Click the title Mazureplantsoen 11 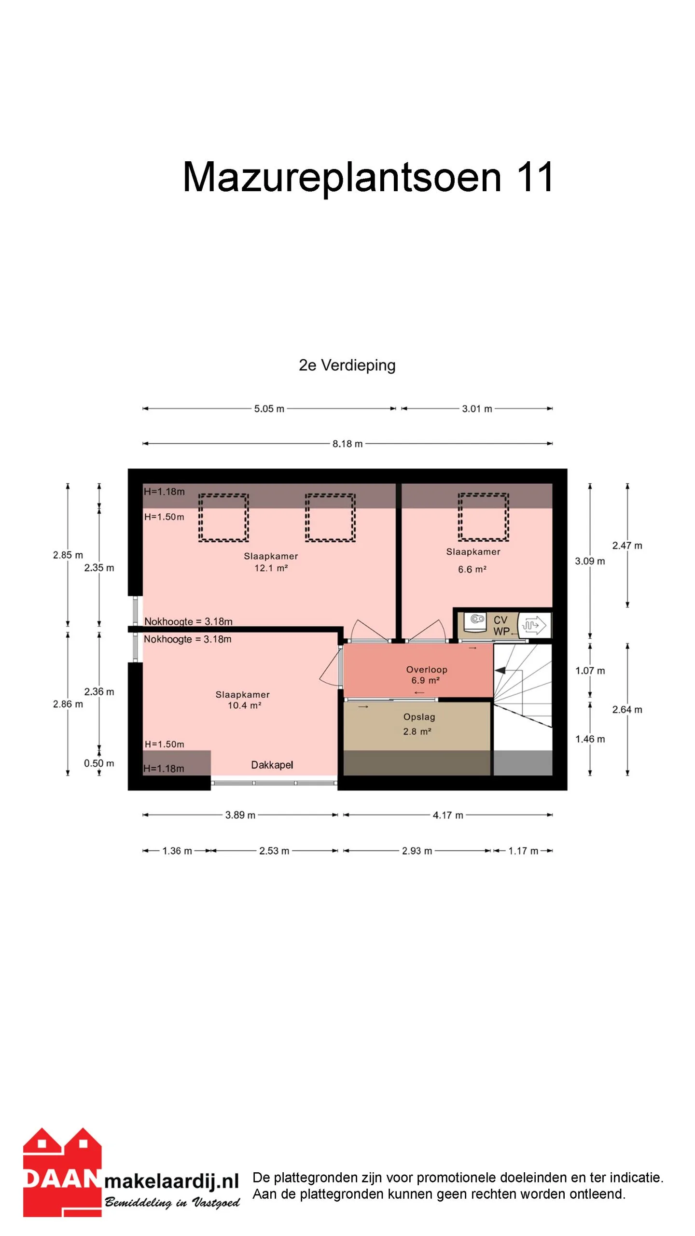[368, 177]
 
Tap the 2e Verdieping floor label [347, 365]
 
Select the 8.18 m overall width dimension [347, 444]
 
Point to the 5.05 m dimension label [269, 409]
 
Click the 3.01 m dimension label [477, 409]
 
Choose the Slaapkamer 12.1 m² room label [271, 562]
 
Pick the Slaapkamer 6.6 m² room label [473, 561]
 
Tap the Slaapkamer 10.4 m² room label [243, 700]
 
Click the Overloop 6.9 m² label [427, 675]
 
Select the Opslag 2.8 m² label [418, 724]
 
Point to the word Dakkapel [272, 765]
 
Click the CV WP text [501, 626]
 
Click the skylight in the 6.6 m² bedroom [483, 517]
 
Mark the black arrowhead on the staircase [500, 671]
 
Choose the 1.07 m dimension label [590, 671]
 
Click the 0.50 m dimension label [99, 763]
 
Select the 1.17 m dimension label [523, 851]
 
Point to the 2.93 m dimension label [417, 851]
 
